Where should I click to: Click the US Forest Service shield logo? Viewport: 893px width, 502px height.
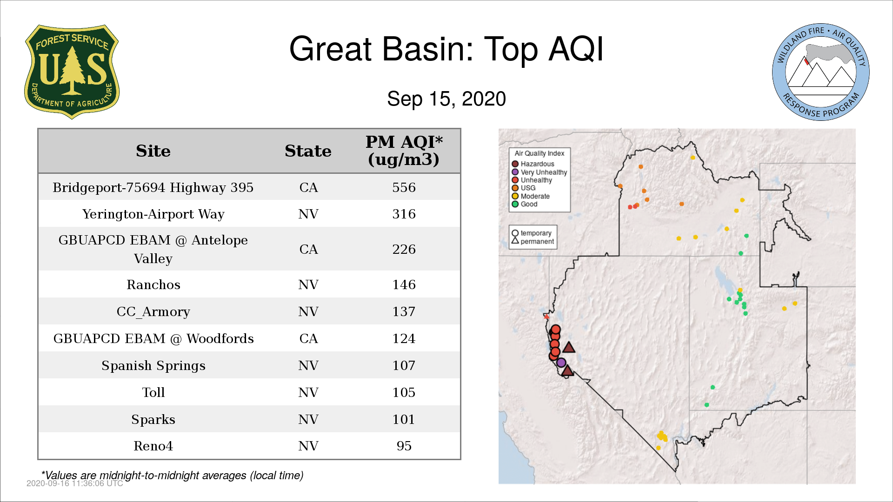(x=72, y=72)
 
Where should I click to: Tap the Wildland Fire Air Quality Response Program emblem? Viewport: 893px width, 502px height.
(x=821, y=72)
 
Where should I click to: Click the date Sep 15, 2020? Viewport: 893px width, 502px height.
(x=446, y=99)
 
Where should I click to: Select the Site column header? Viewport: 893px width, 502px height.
(x=153, y=151)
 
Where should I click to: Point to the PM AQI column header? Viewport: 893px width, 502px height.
(x=404, y=151)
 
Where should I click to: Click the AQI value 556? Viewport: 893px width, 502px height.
(x=404, y=187)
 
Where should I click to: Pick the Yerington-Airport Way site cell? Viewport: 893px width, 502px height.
(x=153, y=214)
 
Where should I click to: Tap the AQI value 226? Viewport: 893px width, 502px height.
(x=404, y=249)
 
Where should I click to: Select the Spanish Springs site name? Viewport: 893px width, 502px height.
(x=153, y=366)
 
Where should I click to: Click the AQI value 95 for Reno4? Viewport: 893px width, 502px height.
(x=404, y=446)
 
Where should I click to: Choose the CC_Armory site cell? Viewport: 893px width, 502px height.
(x=153, y=312)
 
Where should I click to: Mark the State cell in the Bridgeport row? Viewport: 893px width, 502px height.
(x=308, y=187)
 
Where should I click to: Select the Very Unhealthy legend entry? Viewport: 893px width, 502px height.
(x=540, y=172)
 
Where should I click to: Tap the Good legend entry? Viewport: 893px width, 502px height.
(x=525, y=204)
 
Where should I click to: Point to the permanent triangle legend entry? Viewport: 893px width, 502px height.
(x=533, y=241)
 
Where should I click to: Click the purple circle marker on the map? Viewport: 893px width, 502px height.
(x=561, y=363)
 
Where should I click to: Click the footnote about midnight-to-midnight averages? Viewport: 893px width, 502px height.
(x=172, y=476)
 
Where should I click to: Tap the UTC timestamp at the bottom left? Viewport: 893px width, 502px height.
(x=75, y=483)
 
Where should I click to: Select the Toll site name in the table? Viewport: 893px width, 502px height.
(x=153, y=393)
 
